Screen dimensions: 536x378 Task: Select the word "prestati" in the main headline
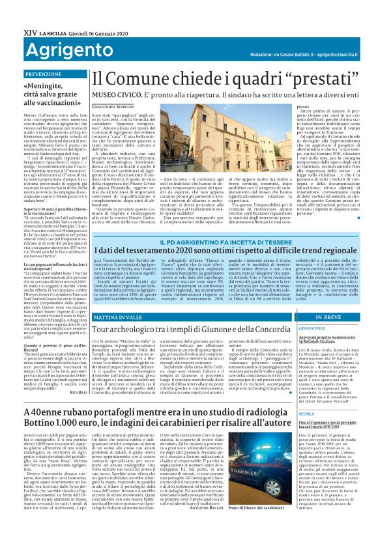point(285,77)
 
